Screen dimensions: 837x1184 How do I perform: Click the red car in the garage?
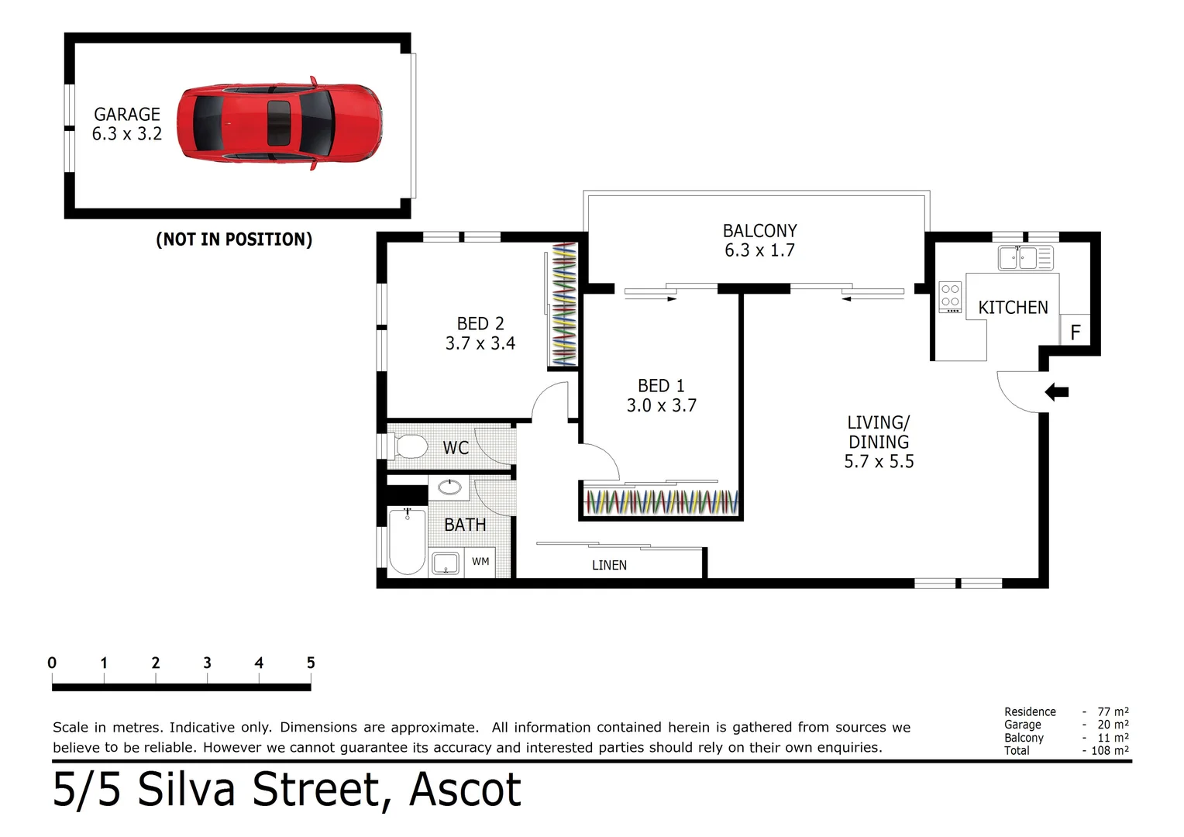tap(279, 123)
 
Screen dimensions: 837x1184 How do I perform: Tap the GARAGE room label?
tap(127, 114)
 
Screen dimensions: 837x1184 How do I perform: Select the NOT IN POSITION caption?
tap(234, 239)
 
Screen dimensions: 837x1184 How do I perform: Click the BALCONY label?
tap(759, 231)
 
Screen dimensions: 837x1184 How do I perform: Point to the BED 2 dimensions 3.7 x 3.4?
tap(480, 343)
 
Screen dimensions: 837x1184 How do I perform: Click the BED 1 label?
tap(660, 386)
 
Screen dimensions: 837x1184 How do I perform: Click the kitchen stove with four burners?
tap(950, 297)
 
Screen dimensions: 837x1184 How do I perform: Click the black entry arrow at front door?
tap(1056, 392)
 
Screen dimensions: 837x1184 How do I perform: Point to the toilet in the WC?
tap(410, 447)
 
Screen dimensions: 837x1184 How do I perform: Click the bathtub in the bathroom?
tap(407, 540)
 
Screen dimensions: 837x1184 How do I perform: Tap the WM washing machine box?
tap(480, 562)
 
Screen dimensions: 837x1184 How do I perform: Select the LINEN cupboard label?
tap(609, 566)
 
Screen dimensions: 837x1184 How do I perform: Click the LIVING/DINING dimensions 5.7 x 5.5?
tap(879, 462)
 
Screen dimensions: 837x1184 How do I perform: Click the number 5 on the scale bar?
tap(311, 663)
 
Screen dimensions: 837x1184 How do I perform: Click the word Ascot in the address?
tap(465, 790)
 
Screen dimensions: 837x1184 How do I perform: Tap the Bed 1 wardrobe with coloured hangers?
tap(661, 502)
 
